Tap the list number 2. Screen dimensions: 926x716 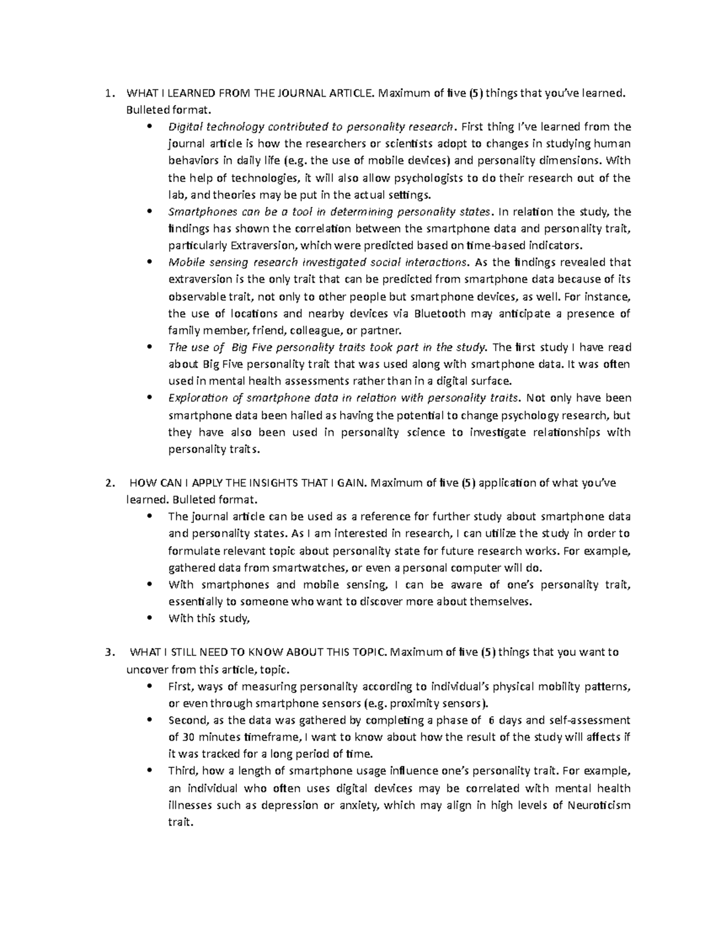click(107, 483)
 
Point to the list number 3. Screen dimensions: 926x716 click(107, 652)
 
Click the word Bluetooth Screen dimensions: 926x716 click(440, 314)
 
